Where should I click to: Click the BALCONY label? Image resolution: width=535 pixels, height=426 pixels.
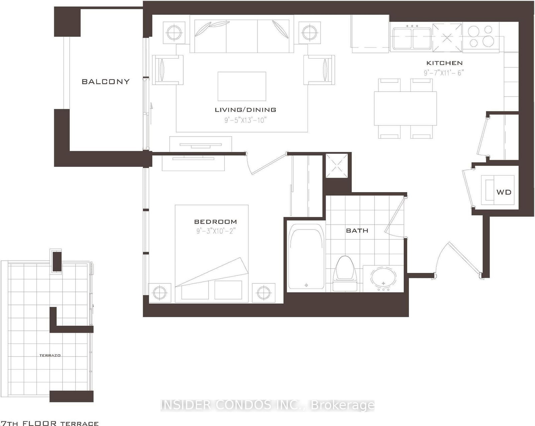(105, 81)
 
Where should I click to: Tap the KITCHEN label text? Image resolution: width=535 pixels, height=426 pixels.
(444, 63)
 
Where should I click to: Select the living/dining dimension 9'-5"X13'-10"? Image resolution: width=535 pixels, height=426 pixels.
(245, 120)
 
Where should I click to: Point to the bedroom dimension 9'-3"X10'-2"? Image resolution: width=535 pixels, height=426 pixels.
(216, 231)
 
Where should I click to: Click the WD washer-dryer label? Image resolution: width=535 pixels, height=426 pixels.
(504, 192)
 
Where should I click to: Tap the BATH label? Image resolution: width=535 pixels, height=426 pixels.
(357, 231)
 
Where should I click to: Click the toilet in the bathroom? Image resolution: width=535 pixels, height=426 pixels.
(344, 273)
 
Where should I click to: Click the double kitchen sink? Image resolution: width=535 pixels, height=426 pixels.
(412, 37)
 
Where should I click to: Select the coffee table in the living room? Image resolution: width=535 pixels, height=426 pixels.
(242, 86)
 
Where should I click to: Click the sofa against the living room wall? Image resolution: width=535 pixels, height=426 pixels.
(239, 35)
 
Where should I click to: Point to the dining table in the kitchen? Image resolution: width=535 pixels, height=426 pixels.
(405, 108)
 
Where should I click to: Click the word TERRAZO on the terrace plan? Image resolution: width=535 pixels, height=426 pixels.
(50, 355)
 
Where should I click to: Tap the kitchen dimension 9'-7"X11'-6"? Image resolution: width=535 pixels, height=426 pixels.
(444, 73)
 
